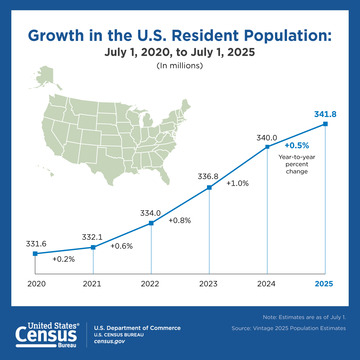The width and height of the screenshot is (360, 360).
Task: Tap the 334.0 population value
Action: [x=150, y=212]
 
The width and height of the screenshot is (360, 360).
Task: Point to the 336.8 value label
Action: [x=208, y=174]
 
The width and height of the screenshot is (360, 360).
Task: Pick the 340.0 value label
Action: [x=267, y=135]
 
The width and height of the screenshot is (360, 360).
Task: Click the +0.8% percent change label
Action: [x=181, y=219]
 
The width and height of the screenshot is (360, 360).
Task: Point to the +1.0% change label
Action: [x=238, y=183]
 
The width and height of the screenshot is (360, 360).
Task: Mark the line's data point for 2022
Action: [x=150, y=224]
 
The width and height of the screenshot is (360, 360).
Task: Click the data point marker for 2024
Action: [x=267, y=147]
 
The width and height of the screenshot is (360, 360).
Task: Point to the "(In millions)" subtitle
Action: [x=180, y=65]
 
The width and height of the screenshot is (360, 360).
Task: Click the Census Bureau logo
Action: [x=45, y=334]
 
